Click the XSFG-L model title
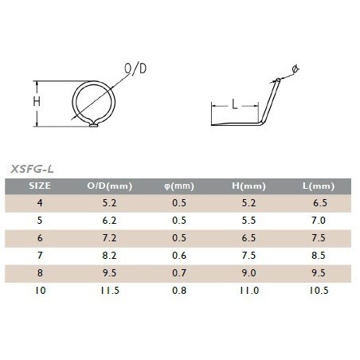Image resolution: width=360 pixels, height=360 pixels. tap(32, 169)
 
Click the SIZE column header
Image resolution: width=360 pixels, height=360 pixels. tap(40, 186)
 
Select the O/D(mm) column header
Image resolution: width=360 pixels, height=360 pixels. tap(109, 186)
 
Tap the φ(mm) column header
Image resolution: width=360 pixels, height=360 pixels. tap(179, 186)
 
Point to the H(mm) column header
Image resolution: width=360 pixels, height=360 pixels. tap(248, 186)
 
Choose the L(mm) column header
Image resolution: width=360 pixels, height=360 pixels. tap(319, 186)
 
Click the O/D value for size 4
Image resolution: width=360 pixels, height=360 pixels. tap(109, 203)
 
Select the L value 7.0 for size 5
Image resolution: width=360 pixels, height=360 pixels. tap(319, 221)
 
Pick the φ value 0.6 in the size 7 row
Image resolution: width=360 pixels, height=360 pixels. tap(179, 256)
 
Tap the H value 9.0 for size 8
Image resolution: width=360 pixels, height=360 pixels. tap(248, 273)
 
